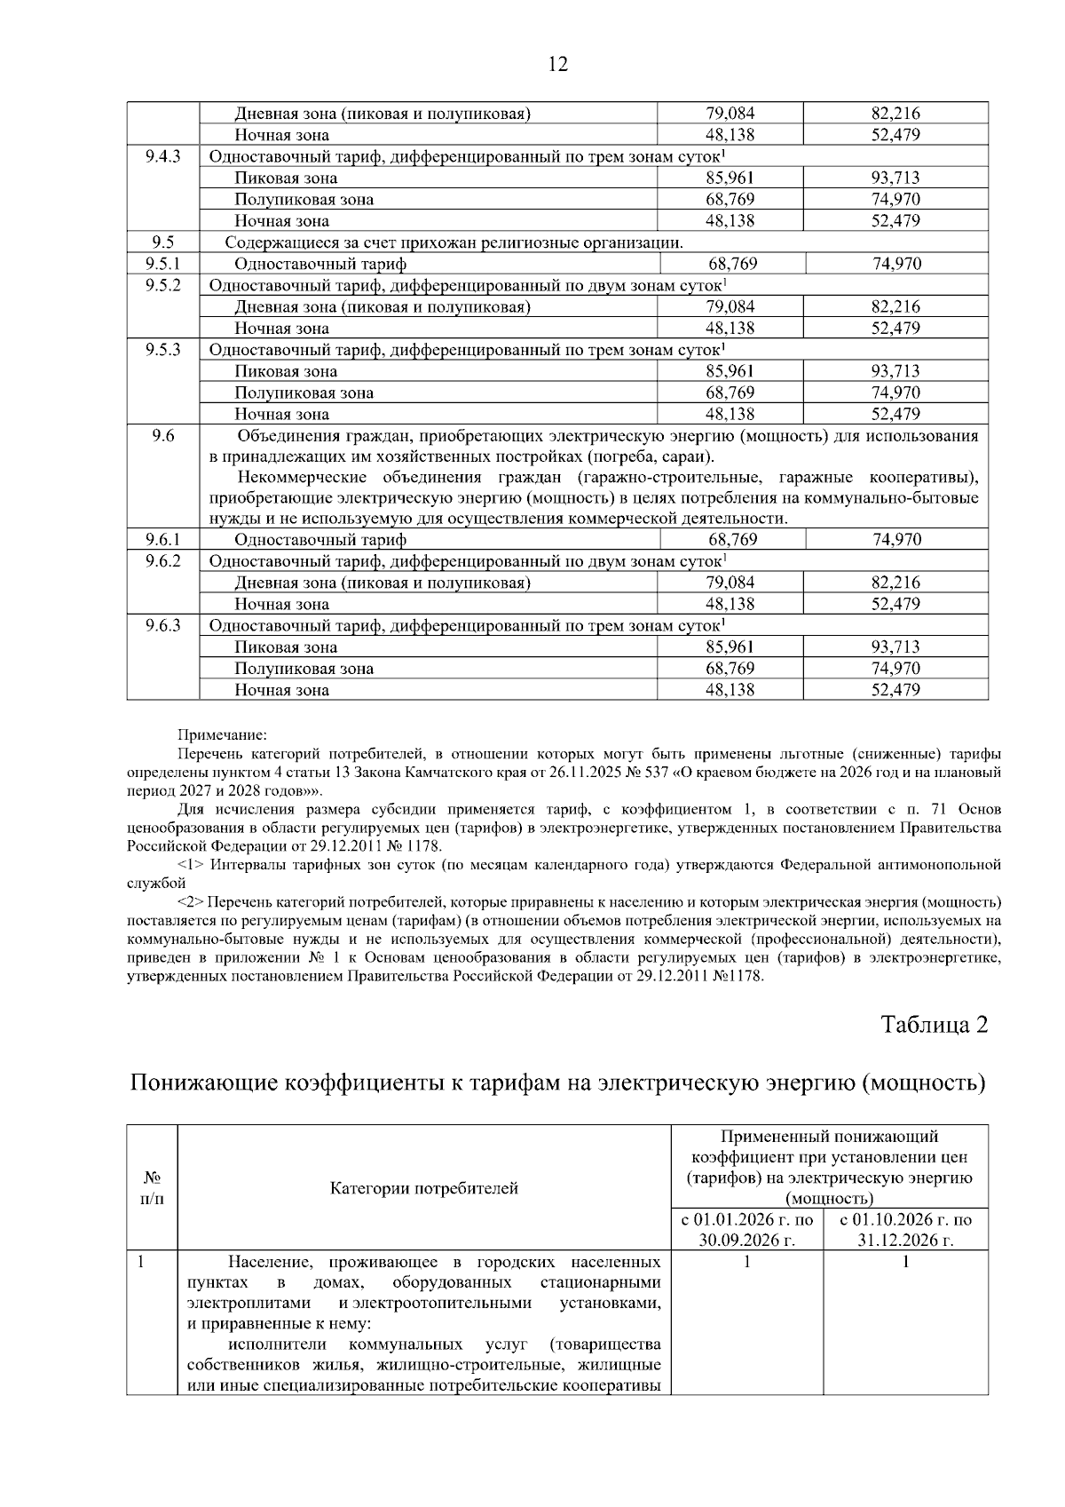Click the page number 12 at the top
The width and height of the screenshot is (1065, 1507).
(x=558, y=64)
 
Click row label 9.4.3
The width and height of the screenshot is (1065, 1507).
(x=162, y=156)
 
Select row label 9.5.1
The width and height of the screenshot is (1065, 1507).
(x=162, y=264)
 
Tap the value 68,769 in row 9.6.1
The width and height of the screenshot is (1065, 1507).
(x=732, y=540)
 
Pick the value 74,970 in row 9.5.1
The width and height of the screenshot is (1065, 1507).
(x=896, y=264)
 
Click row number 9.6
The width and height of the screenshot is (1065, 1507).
(x=162, y=435)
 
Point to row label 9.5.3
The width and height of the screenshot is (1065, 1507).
(x=162, y=350)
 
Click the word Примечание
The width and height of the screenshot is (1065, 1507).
(x=222, y=735)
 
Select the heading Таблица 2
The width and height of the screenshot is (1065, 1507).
(x=934, y=1024)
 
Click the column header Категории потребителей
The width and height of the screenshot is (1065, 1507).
(x=424, y=1188)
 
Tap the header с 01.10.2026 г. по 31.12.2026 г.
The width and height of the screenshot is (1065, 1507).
(x=905, y=1230)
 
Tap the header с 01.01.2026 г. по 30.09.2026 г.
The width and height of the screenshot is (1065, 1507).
(x=746, y=1230)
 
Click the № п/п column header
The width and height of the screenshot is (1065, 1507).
(x=153, y=1188)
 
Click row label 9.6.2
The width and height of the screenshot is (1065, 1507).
(x=162, y=561)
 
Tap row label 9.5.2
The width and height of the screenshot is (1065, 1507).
(x=162, y=285)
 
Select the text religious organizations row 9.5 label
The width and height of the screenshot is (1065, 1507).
(x=454, y=242)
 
